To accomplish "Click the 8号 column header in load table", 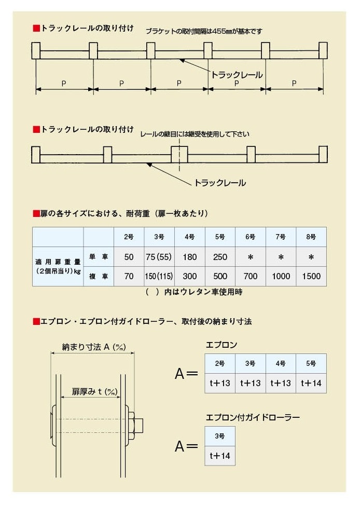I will coord(311,237).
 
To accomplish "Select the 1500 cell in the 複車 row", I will coord(311,276).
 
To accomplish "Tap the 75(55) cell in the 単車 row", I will coord(159,257).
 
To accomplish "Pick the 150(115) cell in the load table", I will coord(159,276).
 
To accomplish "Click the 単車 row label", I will coord(99,257).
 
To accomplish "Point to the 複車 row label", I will coord(99,276).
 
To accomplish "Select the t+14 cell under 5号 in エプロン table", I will coord(311,383).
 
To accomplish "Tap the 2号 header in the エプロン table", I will coord(220,363).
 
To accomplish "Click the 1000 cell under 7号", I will coord(281,276).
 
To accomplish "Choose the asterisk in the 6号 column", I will coord(251,257).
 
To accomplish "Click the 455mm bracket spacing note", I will coord(204,31).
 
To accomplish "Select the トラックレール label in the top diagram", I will coord(237,75).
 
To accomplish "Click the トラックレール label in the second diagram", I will coord(220,183).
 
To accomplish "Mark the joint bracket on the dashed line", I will coord(179,155).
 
